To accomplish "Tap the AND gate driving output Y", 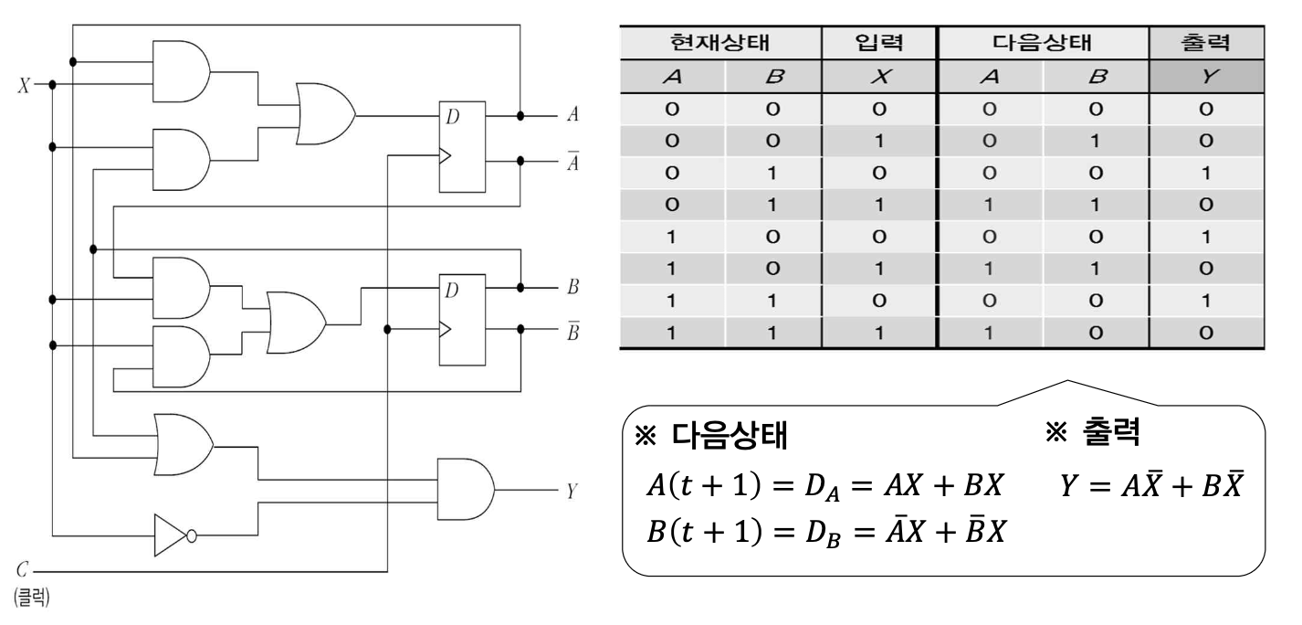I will pos(465,490).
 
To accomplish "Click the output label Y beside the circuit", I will pos(572,491).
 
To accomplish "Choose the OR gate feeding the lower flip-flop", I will pos(294,323).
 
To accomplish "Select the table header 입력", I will pos(878,42).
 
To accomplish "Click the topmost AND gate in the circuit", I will pos(181,72).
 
